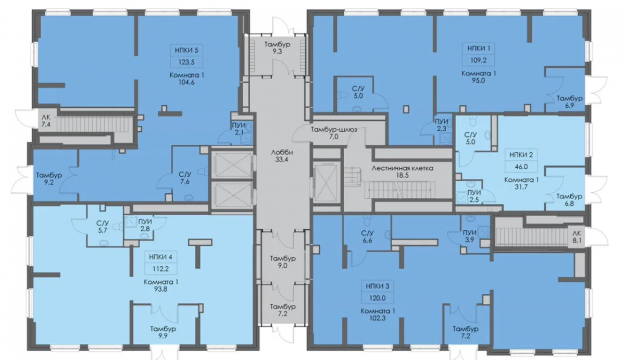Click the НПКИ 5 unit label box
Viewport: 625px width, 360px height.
point(186,56)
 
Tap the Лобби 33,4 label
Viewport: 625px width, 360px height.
point(282,156)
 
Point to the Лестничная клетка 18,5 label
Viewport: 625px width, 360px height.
point(402,171)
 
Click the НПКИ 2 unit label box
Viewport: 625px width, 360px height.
point(521,161)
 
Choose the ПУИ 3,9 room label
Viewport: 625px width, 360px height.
point(470,236)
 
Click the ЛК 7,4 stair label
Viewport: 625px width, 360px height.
point(46,121)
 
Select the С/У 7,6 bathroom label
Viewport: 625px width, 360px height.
point(185,178)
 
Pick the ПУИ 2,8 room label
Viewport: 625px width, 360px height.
point(145,225)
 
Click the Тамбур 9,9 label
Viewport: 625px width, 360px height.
point(163,332)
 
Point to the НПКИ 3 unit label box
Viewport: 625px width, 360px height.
point(377,292)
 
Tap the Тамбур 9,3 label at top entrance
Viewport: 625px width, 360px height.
point(277,48)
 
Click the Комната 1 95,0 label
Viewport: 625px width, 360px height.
point(479,77)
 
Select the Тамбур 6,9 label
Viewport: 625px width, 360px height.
point(569,102)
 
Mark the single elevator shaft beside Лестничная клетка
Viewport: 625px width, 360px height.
point(326,182)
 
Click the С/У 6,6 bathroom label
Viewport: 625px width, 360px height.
point(367,237)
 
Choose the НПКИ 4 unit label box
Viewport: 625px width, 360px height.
point(160,263)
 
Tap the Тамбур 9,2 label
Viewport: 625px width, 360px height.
point(49,179)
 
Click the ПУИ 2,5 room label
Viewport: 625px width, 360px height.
point(474,196)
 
